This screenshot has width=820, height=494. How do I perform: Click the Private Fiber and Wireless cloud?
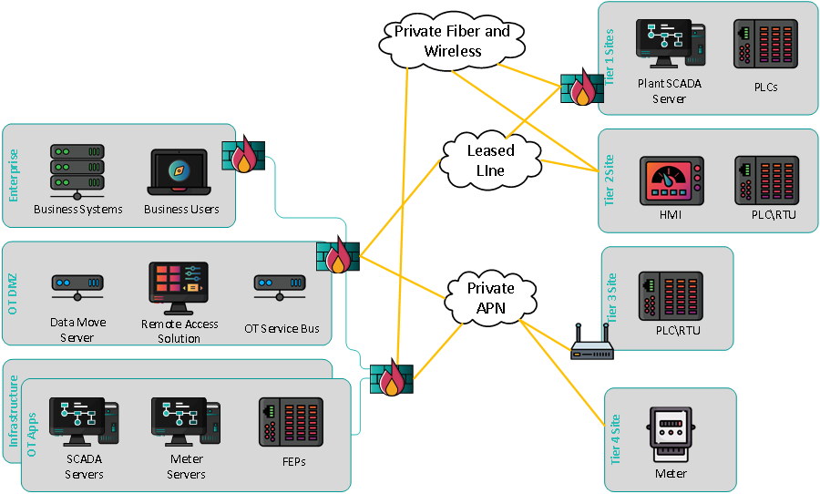tap(453, 41)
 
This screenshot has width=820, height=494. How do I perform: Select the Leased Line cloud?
tap(490, 160)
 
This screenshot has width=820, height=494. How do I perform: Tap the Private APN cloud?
tap(490, 297)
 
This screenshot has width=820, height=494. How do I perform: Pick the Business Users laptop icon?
tap(180, 171)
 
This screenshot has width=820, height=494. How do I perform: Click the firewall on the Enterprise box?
tap(242, 156)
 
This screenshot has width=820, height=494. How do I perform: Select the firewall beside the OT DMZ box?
tap(337, 257)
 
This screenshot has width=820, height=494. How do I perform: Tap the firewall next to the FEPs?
tap(391, 378)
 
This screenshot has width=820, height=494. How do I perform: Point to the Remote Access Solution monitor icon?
tap(179, 288)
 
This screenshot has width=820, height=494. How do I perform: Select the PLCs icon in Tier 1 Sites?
tap(765, 44)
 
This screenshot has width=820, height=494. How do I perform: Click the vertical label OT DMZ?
tap(13, 293)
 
